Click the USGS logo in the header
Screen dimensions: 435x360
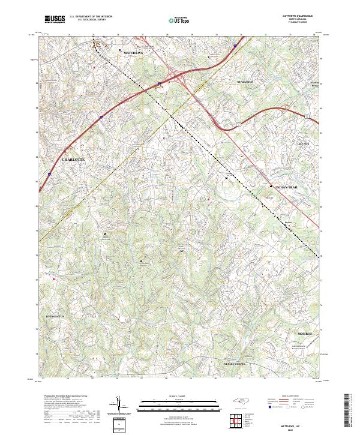point(55,19)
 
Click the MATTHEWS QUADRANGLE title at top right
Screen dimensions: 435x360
point(298,16)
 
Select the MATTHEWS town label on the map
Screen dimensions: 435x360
point(134,53)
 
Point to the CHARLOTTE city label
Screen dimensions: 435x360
point(74,160)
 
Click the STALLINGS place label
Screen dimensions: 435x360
point(245,81)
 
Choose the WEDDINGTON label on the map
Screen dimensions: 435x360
point(55,315)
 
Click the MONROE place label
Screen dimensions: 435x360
point(305,332)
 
